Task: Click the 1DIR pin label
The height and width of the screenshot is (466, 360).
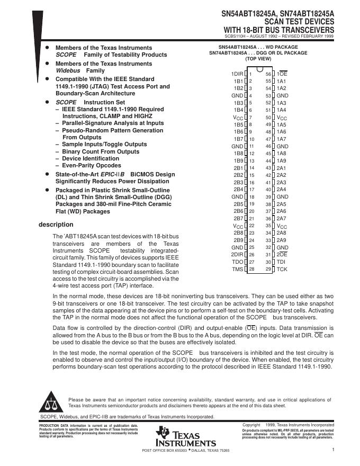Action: coord(237,74)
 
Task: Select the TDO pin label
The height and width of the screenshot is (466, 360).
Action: coord(238,262)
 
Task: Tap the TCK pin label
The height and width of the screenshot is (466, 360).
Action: coord(282,269)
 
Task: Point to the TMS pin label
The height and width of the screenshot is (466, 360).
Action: coord(238,269)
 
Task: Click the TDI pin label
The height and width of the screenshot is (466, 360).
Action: coord(282,262)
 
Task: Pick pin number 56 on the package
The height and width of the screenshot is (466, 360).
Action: coord(268,74)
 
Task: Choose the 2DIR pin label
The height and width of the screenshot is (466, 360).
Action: coord(237,255)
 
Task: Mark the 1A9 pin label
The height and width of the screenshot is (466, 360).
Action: coord(281,160)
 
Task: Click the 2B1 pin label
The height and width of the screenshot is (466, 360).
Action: coord(238,167)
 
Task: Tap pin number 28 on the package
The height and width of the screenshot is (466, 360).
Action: coord(251,269)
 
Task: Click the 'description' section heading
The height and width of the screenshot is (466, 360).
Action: coord(56,225)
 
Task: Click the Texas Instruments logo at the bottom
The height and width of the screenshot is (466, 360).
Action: coord(185,437)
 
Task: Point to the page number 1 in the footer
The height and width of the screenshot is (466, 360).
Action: coord(334,450)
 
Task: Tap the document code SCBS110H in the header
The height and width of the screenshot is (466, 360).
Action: coord(236,37)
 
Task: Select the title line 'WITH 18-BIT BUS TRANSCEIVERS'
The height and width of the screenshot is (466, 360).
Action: coord(279,29)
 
